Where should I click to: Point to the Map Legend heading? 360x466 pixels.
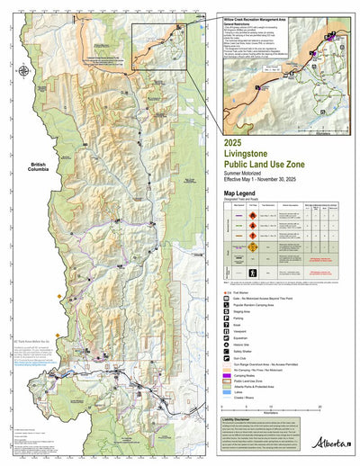coord(246,193)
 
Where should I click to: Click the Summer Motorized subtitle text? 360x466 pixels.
coord(252,174)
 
